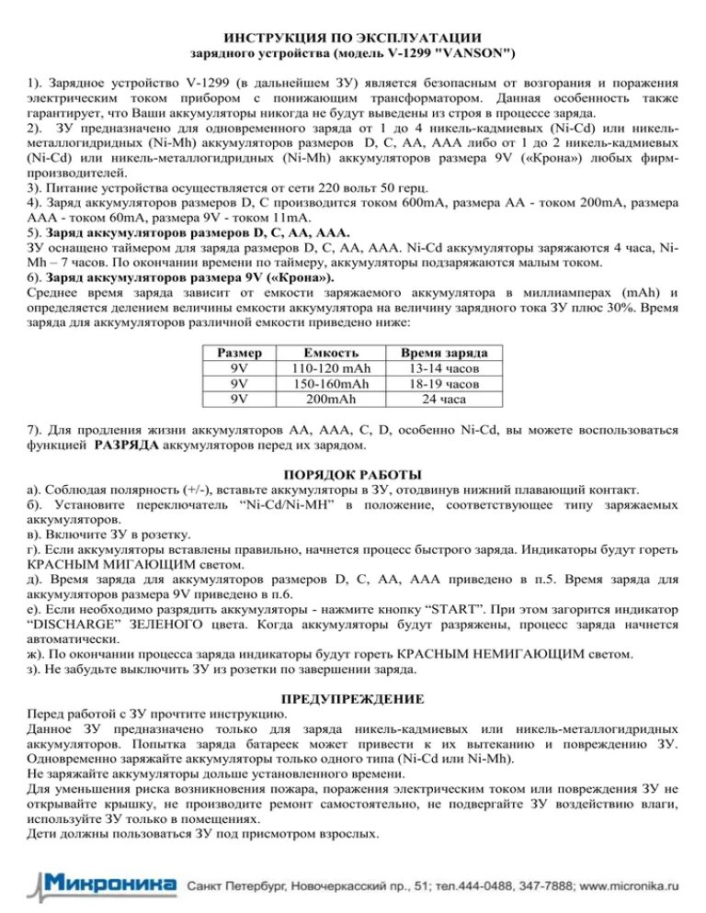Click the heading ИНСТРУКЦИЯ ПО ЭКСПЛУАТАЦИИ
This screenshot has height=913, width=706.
click(x=352, y=38)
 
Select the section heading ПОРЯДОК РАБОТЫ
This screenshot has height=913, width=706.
click(x=352, y=474)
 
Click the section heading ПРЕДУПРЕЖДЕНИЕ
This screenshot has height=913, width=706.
click(x=352, y=698)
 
